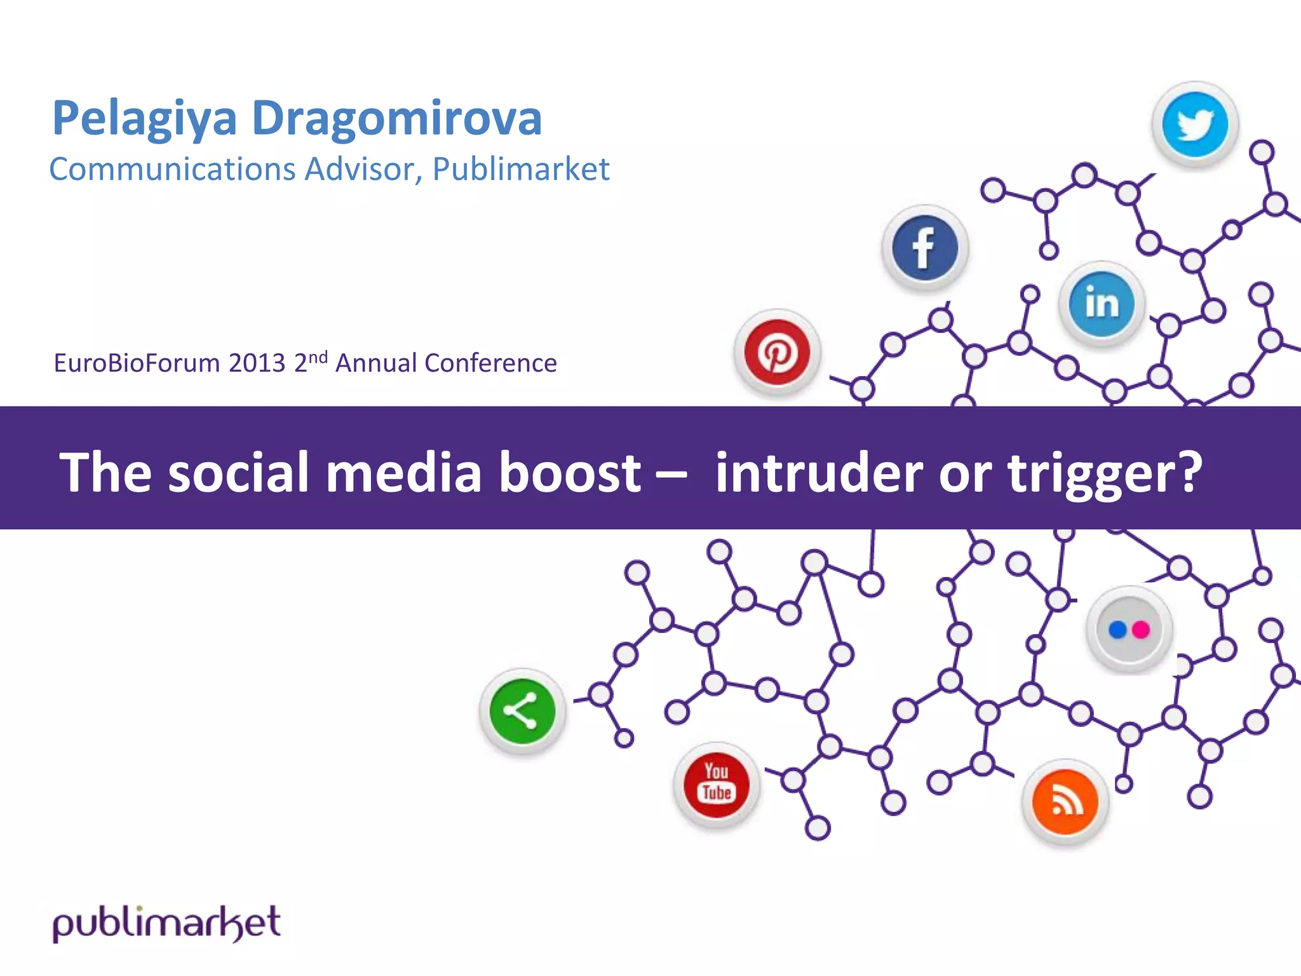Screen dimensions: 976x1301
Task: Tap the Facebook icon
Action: [924, 248]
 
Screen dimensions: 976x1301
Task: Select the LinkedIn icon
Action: [1102, 303]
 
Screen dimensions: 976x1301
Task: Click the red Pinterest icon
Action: [777, 352]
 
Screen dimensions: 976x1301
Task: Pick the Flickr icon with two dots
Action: [1129, 629]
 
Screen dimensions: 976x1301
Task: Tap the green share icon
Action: [522, 711]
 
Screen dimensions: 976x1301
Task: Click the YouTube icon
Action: [717, 784]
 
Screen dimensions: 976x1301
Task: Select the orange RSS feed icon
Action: [1065, 802]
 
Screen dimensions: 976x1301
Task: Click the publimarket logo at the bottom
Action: [166, 923]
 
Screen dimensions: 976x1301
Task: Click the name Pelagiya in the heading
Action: [144, 119]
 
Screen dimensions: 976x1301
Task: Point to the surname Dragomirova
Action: [396, 119]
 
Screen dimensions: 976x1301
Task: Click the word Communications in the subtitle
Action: [172, 170]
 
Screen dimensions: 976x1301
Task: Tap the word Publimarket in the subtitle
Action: [520, 170]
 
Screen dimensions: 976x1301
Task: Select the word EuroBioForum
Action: [137, 363]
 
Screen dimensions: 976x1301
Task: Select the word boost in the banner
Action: [569, 472]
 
